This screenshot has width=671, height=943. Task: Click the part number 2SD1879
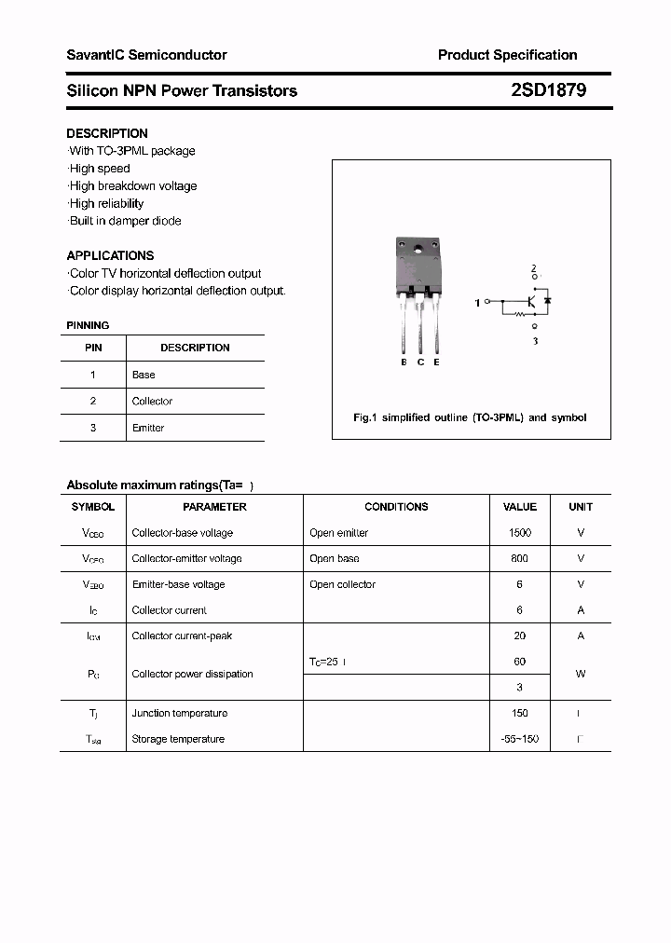549,90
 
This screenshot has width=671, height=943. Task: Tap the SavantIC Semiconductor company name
146,55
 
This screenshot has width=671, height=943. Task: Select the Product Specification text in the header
507,55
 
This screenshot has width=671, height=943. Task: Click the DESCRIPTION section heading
107,133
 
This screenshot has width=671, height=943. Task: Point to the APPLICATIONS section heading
110,255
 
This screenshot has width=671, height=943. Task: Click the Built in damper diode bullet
125,221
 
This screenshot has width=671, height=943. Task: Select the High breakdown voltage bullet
132,185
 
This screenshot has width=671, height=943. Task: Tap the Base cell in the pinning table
144,375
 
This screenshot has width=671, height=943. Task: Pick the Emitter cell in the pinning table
148,428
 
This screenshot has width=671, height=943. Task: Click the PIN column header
93,348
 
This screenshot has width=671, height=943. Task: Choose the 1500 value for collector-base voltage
519,533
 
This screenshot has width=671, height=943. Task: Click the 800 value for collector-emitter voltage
519,558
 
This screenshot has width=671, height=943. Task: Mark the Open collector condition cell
342,584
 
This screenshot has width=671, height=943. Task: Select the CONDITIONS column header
396,507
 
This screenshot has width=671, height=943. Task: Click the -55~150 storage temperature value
519,739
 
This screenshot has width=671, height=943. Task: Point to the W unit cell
581,674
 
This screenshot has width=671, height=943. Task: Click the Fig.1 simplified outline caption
470,417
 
